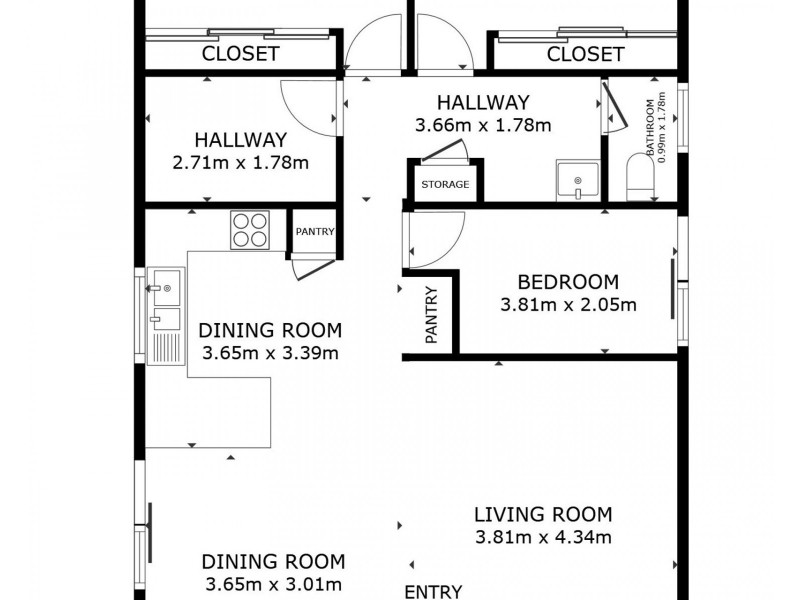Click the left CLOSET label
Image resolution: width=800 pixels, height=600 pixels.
[x=240, y=54]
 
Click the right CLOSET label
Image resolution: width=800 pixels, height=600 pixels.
[x=585, y=54]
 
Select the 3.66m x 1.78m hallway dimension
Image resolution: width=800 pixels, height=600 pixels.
[x=484, y=125]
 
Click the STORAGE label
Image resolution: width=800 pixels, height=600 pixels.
[x=444, y=185]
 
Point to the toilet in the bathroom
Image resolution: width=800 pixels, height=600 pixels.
[x=638, y=177]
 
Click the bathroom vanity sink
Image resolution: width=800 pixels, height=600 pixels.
[x=577, y=181]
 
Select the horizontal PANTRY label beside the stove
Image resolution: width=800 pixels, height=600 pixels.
[x=314, y=232]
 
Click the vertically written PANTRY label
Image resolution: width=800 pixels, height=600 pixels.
[x=431, y=317]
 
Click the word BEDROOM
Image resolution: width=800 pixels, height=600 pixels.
[x=568, y=282]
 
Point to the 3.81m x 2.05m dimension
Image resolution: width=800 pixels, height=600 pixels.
[x=568, y=305]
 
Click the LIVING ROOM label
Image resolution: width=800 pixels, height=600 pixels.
[x=542, y=515]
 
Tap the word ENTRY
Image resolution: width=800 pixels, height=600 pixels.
[x=433, y=590]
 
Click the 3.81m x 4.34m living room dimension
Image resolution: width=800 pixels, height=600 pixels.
[x=542, y=538]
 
